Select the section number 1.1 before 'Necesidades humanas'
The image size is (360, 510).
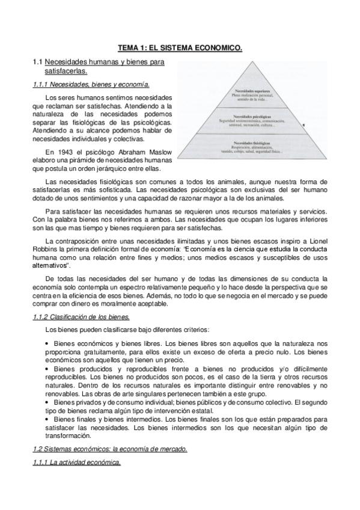(x=37, y=62)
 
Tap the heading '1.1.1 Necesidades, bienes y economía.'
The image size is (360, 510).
(x=91, y=84)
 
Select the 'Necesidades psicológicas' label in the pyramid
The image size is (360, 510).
(x=254, y=115)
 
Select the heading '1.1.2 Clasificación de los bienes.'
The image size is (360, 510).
(x=81, y=317)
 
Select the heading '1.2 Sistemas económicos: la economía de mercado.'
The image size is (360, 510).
(x=110, y=449)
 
